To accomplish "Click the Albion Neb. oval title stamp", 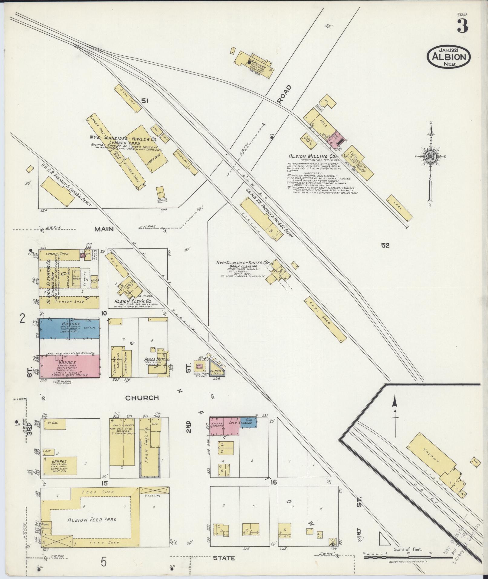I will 448,57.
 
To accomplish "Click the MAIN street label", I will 104,229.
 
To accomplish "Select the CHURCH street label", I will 142,398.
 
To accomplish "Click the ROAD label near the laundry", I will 285,95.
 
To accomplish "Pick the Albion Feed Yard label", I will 92,520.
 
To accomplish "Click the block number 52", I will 385,245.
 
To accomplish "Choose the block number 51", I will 145,101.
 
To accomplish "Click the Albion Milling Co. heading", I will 310,156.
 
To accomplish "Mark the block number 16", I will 273,482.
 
